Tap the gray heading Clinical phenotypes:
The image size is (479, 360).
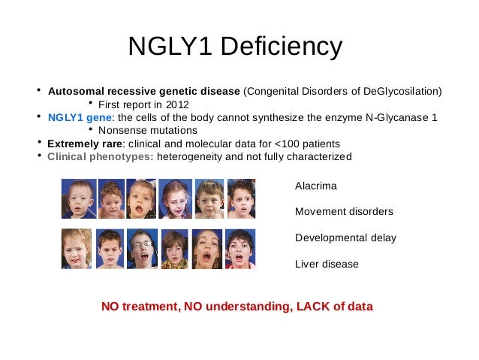(x=101, y=156)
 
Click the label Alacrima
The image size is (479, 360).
(x=316, y=186)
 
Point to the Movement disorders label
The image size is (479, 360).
(x=344, y=211)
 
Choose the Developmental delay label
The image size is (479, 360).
(x=345, y=237)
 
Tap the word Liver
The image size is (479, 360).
(x=307, y=264)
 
